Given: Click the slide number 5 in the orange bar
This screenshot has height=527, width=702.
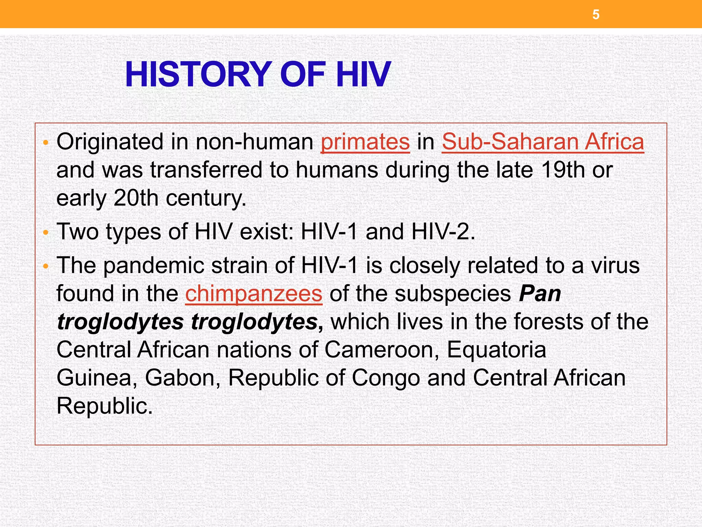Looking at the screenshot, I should (x=596, y=15).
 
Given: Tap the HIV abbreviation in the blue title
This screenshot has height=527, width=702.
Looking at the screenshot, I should (x=363, y=74).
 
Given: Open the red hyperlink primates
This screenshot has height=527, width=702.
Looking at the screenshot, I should (x=365, y=142).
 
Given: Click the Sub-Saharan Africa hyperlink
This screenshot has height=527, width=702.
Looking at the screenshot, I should (x=543, y=142).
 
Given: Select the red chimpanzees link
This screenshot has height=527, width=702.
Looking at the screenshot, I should (x=254, y=294).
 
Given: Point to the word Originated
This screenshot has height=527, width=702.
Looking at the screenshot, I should (x=110, y=142).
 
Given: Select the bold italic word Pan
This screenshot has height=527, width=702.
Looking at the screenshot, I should (x=540, y=294).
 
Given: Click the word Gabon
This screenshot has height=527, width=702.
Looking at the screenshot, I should (x=183, y=378).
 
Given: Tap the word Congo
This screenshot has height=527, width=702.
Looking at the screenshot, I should (x=386, y=378).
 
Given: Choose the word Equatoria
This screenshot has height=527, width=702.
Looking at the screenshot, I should (x=496, y=350).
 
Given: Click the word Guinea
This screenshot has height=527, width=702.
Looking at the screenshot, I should (x=97, y=378).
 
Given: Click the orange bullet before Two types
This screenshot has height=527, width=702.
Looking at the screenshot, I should (x=46, y=233).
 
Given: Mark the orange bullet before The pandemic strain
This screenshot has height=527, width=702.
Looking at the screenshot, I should (x=46, y=267).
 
